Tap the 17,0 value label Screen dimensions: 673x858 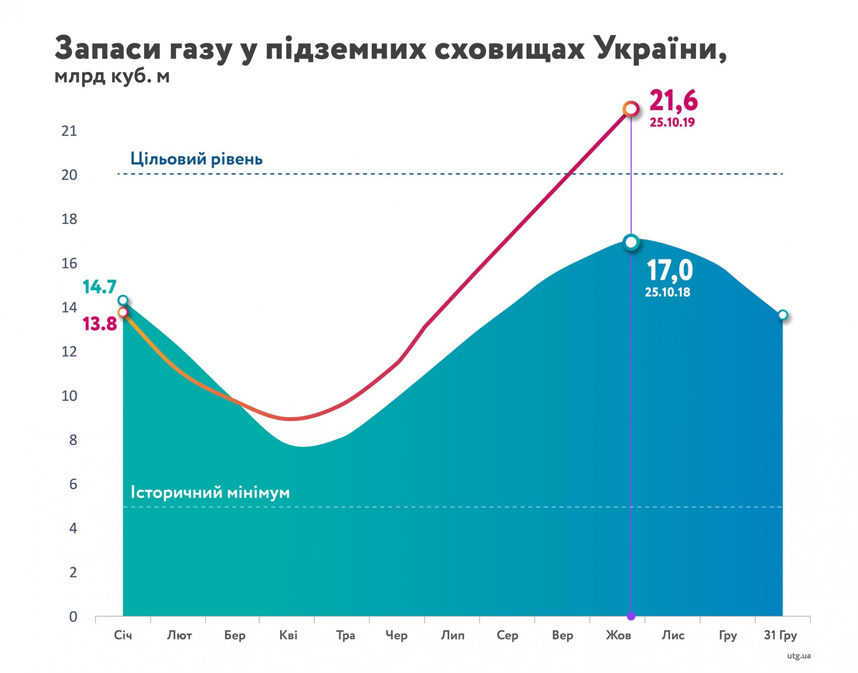pyautogui.click(x=669, y=271)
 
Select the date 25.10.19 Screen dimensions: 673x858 pyautogui.click(x=672, y=123)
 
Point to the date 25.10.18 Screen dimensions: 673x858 pyautogui.click(x=668, y=293)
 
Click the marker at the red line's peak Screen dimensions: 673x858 pyautogui.click(x=631, y=109)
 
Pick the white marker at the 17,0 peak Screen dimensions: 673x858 pyautogui.click(x=631, y=242)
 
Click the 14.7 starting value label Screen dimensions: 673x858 pyautogui.click(x=100, y=287)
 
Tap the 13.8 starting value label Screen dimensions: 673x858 pyautogui.click(x=100, y=324)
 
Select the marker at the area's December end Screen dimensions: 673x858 pyautogui.click(x=782, y=315)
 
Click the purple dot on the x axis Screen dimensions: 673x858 pyautogui.click(x=631, y=616)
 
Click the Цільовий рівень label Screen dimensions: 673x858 pyautogui.click(x=196, y=159)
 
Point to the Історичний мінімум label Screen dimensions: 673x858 pyautogui.click(x=210, y=492)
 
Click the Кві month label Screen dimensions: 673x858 pyautogui.click(x=288, y=635)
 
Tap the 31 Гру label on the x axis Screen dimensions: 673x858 pyautogui.click(x=780, y=635)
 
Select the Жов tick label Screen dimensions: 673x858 pyautogui.click(x=618, y=635)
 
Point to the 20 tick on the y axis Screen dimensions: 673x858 pyautogui.click(x=69, y=175)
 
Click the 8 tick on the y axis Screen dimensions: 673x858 pyautogui.click(x=73, y=440)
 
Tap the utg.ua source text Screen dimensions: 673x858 pyautogui.click(x=799, y=656)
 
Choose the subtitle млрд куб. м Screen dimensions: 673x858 pyautogui.click(x=112, y=76)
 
